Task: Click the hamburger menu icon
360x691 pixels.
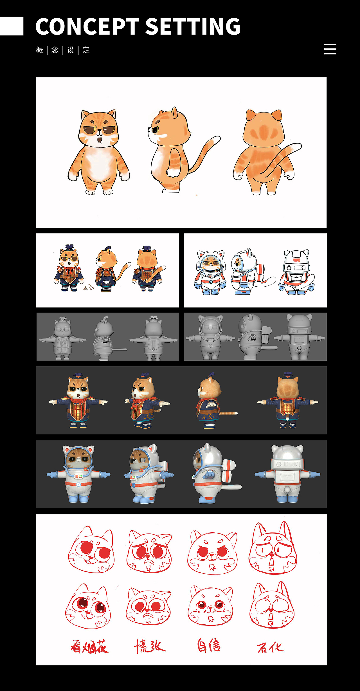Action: (x=330, y=49)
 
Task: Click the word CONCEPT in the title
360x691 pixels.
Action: (x=87, y=27)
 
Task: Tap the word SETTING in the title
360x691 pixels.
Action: (x=193, y=27)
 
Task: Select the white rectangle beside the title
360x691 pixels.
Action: (x=12, y=26)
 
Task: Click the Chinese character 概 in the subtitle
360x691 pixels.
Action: (x=40, y=50)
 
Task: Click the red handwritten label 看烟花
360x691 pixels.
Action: (x=89, y=646)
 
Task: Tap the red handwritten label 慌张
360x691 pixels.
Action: (x=150, y=646)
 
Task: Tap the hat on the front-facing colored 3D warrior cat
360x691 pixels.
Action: (x=78, y=375)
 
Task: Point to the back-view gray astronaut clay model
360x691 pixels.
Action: (x=299, y=337)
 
